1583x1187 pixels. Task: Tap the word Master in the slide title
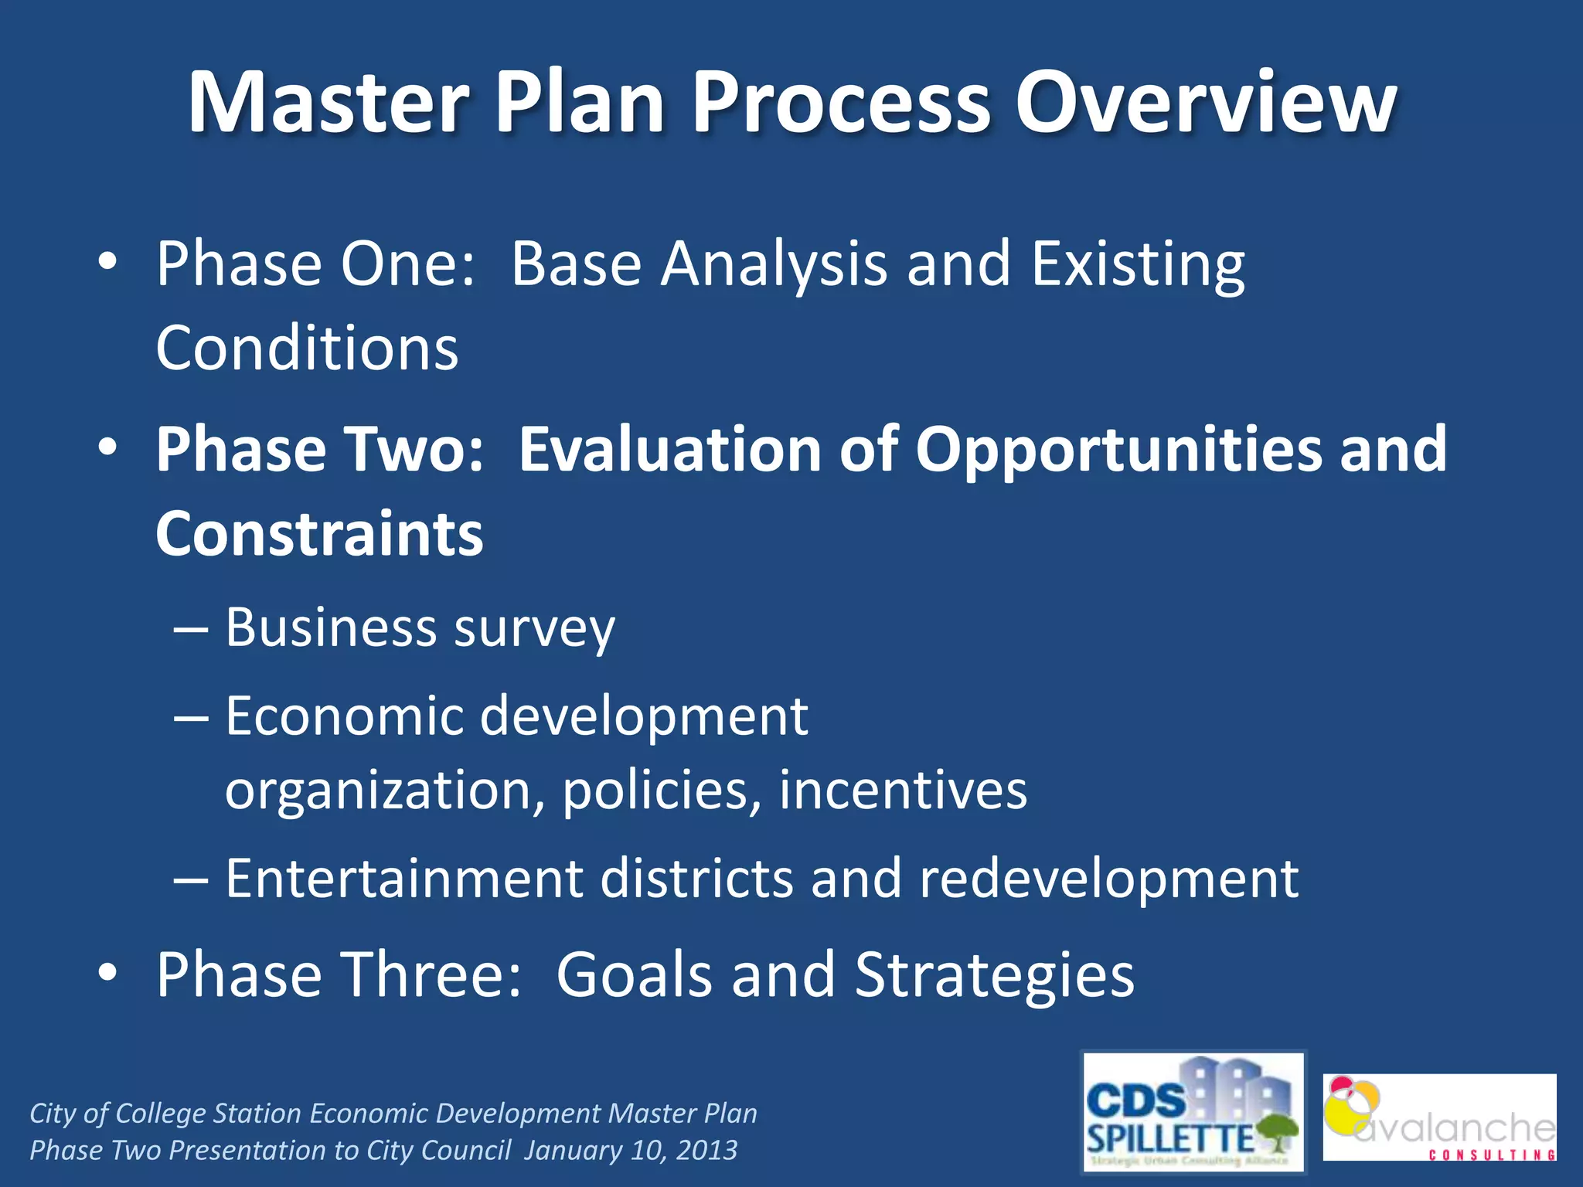pos(329,103)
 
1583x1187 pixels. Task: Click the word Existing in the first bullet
pos(1137,264)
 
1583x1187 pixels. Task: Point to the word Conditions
pos(307,349)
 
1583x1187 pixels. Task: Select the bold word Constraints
pos(319,534)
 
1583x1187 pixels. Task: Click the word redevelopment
pos(1108,879)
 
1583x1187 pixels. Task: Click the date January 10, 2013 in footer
pos(630,1151)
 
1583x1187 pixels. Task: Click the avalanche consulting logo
pos(1438,1117)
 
